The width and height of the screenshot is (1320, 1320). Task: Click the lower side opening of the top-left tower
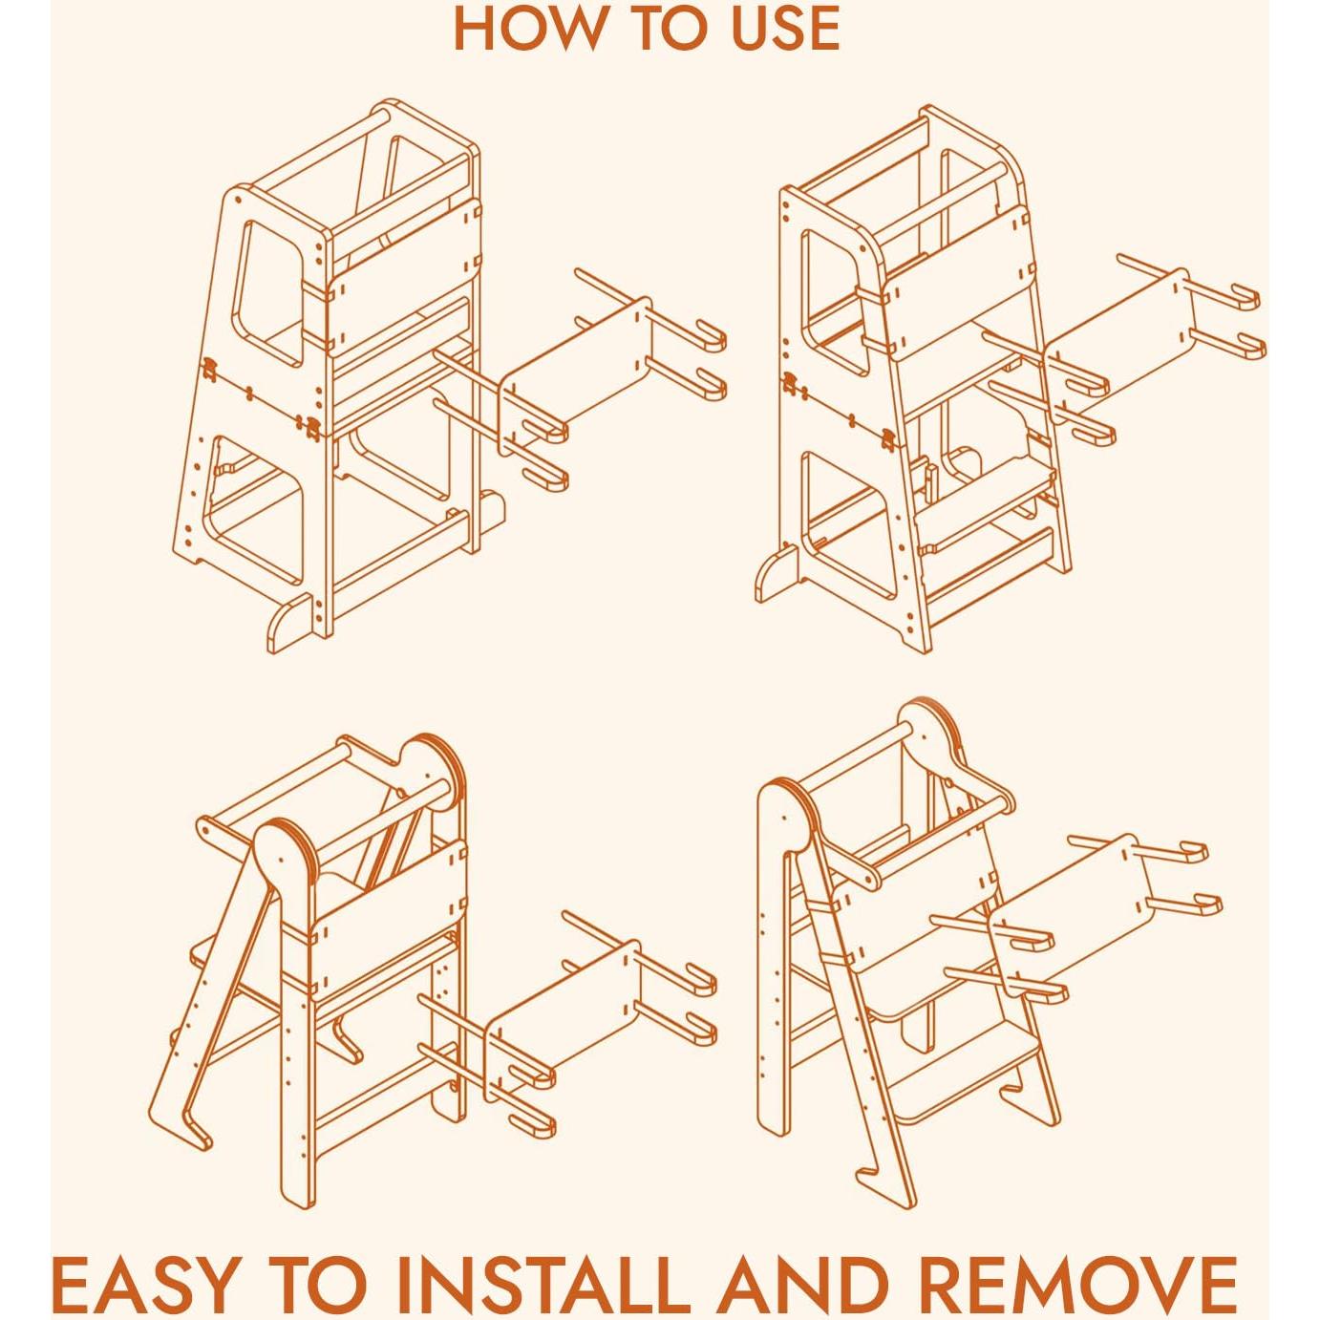(256, 511)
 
